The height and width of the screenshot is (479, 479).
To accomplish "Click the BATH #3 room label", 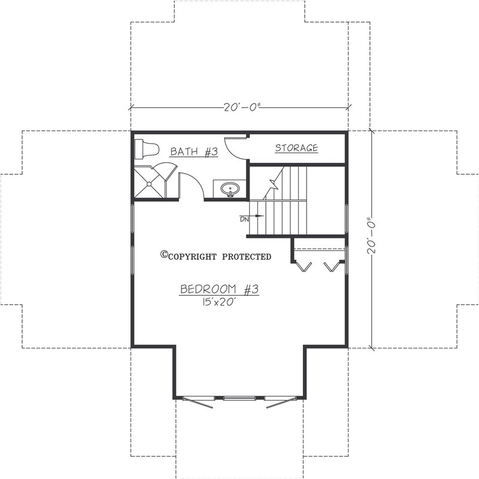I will click(193, 151).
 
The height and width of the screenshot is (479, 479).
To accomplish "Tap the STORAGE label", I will click(296, 148).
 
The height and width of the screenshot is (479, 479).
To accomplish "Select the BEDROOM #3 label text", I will click(219, 290).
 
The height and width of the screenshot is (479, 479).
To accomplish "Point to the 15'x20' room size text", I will click(219, 303).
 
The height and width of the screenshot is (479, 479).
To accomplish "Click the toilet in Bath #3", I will click(146, 148).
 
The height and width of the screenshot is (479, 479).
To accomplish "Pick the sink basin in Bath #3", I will click(230, 189).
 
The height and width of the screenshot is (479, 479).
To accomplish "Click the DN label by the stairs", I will click(244, 220).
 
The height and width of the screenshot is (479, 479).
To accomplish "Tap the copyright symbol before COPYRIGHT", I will click(163, 255).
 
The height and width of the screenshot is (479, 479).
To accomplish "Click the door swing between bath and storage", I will click(235, 148).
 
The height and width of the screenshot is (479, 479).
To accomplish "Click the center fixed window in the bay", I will click(239, 398).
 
